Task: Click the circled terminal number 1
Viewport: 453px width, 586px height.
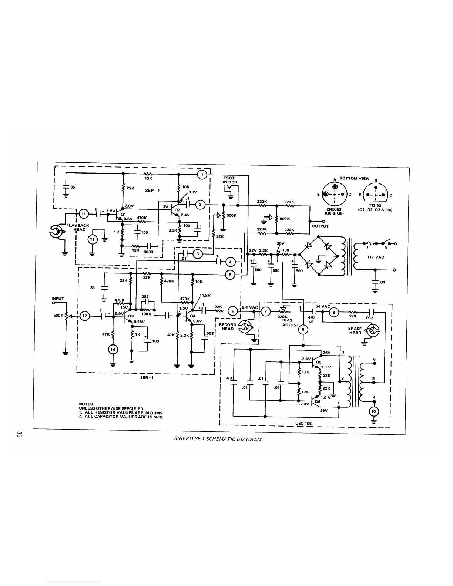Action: [x=202, y=174]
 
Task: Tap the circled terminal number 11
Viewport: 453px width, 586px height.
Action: [x=83, y=213]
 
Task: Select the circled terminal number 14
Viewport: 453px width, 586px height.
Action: [x=113, y=349]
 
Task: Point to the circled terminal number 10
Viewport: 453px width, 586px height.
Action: [x=373, y=412]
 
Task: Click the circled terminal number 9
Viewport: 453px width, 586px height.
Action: [x=303, y=329]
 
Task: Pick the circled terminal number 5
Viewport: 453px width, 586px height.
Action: [x=229, y=275]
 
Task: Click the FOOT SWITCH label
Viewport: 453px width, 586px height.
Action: [x=229, y=180]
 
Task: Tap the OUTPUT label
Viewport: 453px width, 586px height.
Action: [x=320, y=226]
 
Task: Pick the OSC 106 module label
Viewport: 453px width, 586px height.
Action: [x=304, y=423]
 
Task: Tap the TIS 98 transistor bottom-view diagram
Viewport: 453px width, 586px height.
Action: [x=375, y=195]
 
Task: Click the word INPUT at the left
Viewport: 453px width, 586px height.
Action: [x=58, y=299]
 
